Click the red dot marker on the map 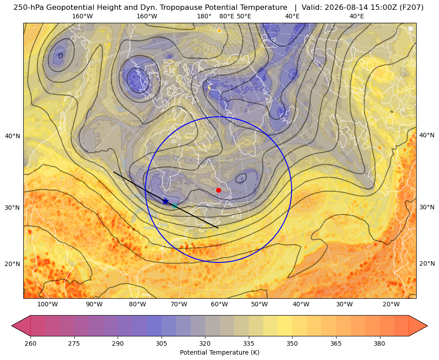click(219, 190)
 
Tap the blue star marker click(166, 201)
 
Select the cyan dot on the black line click(175, 206)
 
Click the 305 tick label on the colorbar click(162, 343)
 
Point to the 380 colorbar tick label click(379, 343)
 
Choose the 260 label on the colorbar click(30, 343)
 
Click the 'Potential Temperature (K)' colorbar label click(219, 352)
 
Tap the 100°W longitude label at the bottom click(47, 305)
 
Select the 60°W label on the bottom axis click(219, 305)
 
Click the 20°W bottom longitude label click(391, 305)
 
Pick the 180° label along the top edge click(204, 16)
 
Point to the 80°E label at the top click(227, 16)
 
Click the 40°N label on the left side click(13, 136)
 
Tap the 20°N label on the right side click(427, 263)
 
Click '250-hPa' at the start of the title click(29, 8)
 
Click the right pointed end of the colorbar click(427, 326)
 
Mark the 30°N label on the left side click(13, 208)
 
